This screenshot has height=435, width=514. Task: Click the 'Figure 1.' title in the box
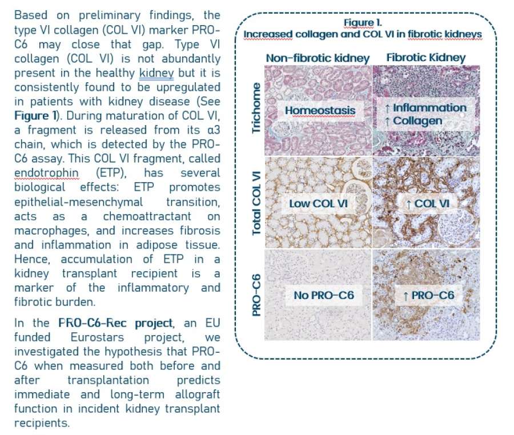coord(363,23)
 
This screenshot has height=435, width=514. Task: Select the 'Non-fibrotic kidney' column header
coord(318,58)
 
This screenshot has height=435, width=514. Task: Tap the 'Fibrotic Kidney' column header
coord(426,57)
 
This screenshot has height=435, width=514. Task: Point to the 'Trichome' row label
coord(256,108)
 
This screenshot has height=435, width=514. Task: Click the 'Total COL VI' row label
coord(256,203)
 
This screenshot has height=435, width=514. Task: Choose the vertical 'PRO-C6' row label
coord(256,295)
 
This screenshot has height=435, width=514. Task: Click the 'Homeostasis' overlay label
coord(320,110)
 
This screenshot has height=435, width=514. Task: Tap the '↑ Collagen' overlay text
coord(413,121)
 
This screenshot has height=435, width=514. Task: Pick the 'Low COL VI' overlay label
coord(318,203)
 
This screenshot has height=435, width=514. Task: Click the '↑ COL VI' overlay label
coord(428,203)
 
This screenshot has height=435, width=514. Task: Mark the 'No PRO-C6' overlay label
coord(324,295)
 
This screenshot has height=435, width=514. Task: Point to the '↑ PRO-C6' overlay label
coord(429,295)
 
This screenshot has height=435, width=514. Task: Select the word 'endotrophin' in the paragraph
coord(47,172)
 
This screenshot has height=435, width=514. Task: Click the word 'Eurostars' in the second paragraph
coord(97,337)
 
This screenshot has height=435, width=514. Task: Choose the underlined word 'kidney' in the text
coord(156,73)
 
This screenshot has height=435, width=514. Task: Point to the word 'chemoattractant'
coord(147,216)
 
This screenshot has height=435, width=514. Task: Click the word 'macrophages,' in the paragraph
coord(51,231)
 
